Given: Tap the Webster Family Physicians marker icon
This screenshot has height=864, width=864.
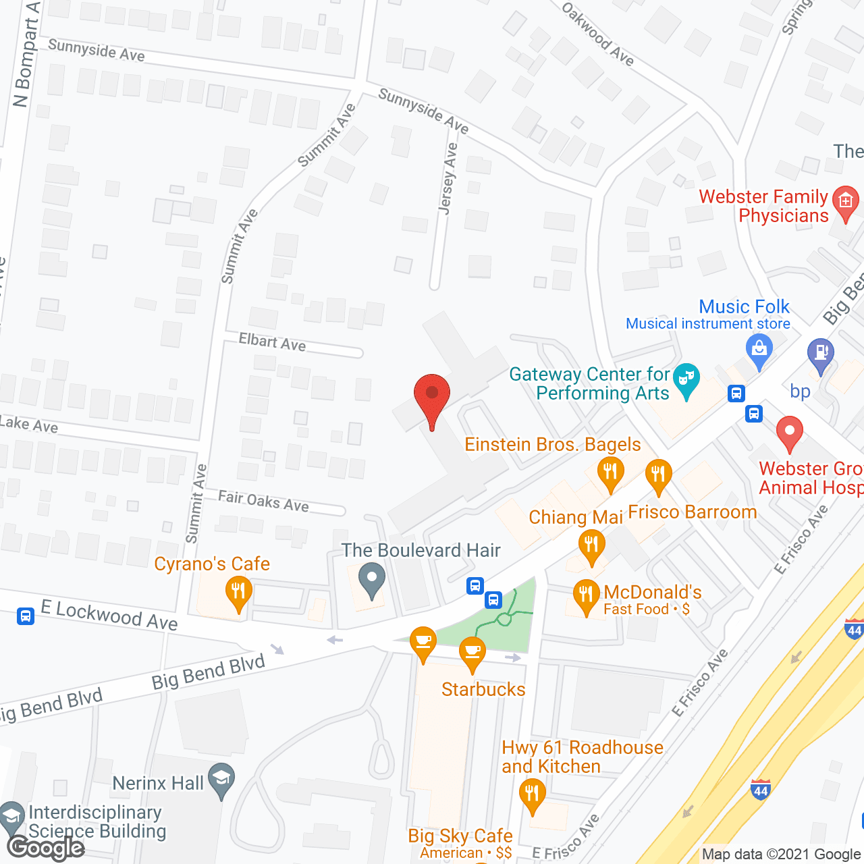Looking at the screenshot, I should [845, 202].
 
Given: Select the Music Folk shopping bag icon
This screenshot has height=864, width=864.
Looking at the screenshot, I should [759, 351].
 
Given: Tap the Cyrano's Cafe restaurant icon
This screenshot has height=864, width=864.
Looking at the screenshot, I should [238, 592].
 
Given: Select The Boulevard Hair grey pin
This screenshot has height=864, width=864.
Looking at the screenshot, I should [371, 580].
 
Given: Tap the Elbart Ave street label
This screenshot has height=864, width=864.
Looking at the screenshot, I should [272, 342].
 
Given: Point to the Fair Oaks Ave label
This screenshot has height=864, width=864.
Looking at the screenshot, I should [263, 501].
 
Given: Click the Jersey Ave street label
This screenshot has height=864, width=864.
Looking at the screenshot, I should [448, 178].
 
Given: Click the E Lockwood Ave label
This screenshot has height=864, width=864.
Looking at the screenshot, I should [109, 614].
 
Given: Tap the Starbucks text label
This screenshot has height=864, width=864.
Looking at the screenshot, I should [483, 689].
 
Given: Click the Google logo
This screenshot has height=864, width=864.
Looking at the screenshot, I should [46, 848].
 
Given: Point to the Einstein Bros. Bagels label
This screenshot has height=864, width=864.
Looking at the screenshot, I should [553, 444].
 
